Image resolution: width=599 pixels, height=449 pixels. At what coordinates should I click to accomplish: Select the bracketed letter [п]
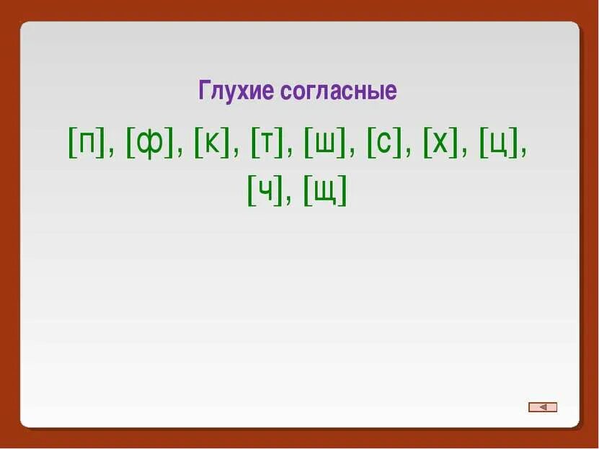(x=86, y=146)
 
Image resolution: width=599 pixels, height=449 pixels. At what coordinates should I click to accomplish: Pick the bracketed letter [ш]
(x=325, y=146)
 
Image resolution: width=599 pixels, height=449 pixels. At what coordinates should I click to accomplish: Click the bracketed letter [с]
(x=383, y=146)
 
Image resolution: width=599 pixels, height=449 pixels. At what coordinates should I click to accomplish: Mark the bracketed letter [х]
(x=439, y=146)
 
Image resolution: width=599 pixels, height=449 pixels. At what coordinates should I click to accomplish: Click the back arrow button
(x=543, y=407)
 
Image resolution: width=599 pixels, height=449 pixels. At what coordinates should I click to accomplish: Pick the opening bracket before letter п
(x=72, y=146)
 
